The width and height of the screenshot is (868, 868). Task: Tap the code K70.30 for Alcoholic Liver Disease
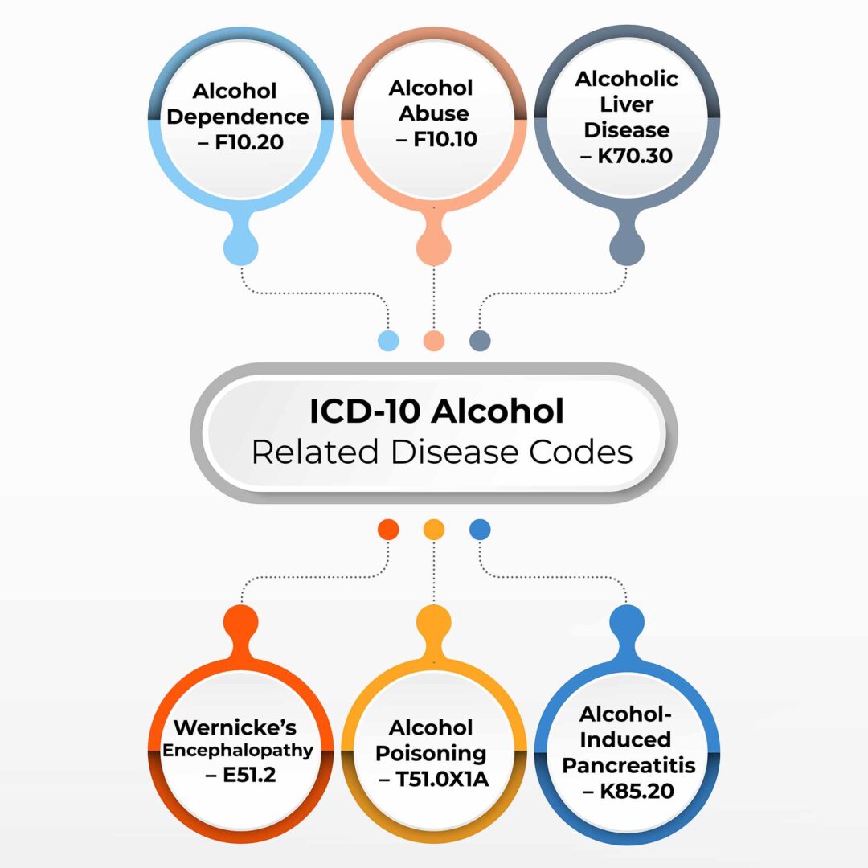point(636,156)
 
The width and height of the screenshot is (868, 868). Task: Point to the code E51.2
point(242,775)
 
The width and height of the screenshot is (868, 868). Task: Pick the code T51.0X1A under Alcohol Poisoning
point(441,780)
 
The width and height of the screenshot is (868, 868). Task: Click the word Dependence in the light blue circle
point(238,117)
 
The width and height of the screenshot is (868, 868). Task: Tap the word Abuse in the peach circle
point(434,113)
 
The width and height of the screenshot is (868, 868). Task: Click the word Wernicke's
point(235,728)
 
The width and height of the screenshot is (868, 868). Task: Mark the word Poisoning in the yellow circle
point(432,754)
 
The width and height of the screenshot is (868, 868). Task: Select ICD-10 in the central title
point(364,411)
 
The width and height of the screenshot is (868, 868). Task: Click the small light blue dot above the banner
point(388,340)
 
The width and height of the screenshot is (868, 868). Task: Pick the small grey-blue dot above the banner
point(480,340)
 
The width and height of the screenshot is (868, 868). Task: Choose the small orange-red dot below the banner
point(388,529)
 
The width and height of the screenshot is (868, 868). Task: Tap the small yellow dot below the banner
point(434,529)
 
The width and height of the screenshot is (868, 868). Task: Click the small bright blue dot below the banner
point(480,529)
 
